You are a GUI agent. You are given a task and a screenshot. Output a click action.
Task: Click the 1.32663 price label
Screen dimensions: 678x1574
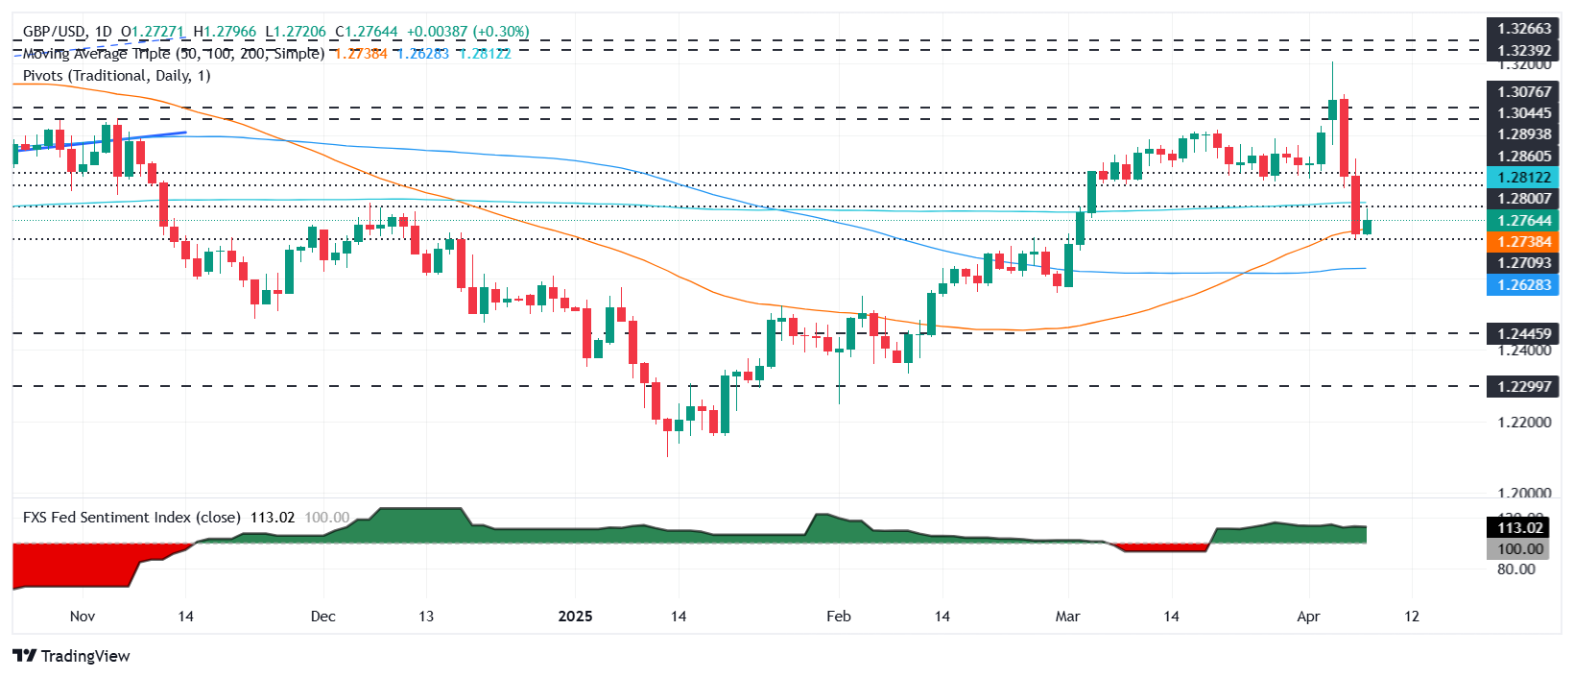(1523, 28)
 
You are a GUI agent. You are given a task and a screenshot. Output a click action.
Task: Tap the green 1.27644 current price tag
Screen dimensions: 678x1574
(1523, 221)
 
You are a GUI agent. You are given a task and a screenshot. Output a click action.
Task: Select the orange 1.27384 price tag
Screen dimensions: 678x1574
(1523, 242)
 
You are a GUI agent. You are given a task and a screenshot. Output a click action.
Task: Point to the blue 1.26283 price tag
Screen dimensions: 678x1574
(1523, 284)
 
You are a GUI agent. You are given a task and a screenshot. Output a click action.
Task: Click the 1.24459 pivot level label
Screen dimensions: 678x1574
(1523, 333)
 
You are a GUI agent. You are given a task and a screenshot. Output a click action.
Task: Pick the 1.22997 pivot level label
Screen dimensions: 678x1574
(1523, 386)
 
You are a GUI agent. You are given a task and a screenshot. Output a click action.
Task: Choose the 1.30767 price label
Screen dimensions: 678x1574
(1523, 92)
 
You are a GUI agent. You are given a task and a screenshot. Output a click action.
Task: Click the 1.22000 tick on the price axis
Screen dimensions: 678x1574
(1523, 422)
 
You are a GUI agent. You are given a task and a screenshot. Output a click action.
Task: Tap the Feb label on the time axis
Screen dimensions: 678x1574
(838, 616)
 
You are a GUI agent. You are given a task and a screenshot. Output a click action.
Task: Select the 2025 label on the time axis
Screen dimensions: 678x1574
(575, 616)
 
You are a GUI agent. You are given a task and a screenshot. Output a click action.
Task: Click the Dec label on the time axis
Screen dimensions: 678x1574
(322, 616)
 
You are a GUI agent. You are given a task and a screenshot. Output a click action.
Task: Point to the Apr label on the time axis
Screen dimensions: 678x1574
(1308, 616)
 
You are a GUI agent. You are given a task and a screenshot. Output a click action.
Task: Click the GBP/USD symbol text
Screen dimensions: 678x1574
(54, 32)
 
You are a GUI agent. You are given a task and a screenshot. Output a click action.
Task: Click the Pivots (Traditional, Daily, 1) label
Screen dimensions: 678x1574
(116, 75)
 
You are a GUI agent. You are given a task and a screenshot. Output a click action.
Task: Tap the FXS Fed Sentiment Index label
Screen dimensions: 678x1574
(131, 517)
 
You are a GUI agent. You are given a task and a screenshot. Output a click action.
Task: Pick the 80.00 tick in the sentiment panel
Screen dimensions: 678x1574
(1515, 569)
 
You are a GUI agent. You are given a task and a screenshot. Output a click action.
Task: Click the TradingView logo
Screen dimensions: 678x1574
(72, 656)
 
